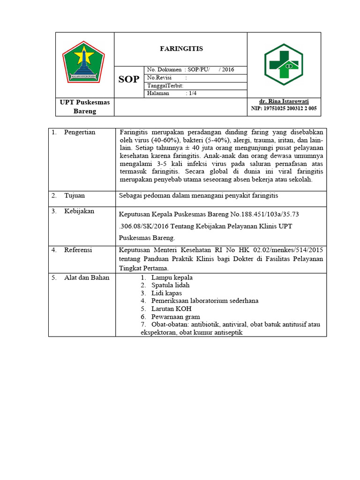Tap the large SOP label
pos(128,79)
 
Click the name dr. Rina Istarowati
pos(284,101)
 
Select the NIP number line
pos(284,108)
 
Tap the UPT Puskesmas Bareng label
pos(85,106)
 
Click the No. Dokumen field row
pos(190,70)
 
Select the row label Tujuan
pos(75,195)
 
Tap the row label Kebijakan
pos(79,211)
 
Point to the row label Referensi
pos(78,250)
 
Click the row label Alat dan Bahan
pos(87,277)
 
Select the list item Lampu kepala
pos(172,277)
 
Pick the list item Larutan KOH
pos(171,309)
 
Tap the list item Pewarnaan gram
pos(175,317)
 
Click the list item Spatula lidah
pos(171,285)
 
